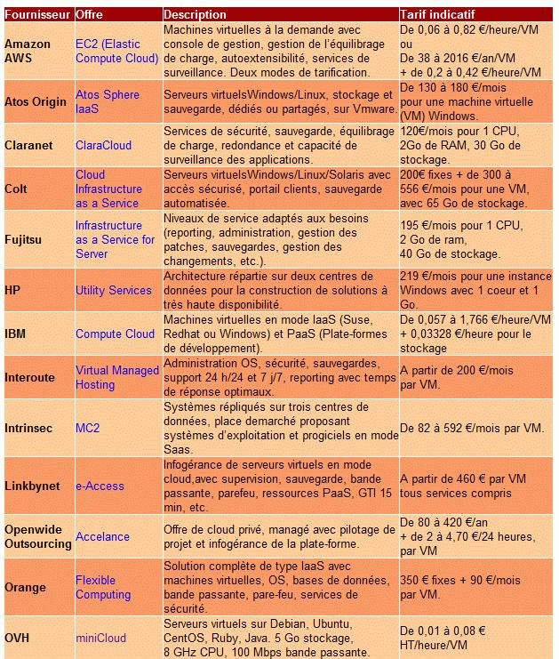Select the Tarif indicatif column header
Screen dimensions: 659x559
pyautogui.click(x=437, y=15)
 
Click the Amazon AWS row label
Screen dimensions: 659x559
pyautogui.click(x=28, y=51)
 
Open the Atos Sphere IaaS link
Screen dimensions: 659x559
pyautogui.click(x=108, y=101)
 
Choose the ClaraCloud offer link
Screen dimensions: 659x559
pyautogui.click(x=103, y=145)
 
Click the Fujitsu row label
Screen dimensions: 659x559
pyautogui.click(x=24, y=239)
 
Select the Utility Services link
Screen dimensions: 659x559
pyautogui.click(x=113, y=290)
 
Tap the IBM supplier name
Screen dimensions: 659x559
pyautogui.click(x=16, y=334)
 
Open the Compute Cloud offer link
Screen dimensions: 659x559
pyautogui.click(x=115, y=334)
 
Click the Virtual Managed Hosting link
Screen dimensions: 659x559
pyautogui.click(x=116, y=377)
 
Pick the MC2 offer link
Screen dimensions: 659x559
pyautogui.click(x=87, y=428)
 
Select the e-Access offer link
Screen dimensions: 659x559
pyautogui.click(x=100, y=486)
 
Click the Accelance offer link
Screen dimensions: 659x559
pyautogui.click(x=102, y=536)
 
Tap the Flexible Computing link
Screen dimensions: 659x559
pyautogui.click(x=102, y=587)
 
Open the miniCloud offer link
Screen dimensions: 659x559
pyautogui.click(x=100, y=638)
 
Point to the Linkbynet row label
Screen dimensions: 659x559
pyautogui.click(x=33, y=486)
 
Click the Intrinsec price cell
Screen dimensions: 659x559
pyautogui.click(x=471, y=428)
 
